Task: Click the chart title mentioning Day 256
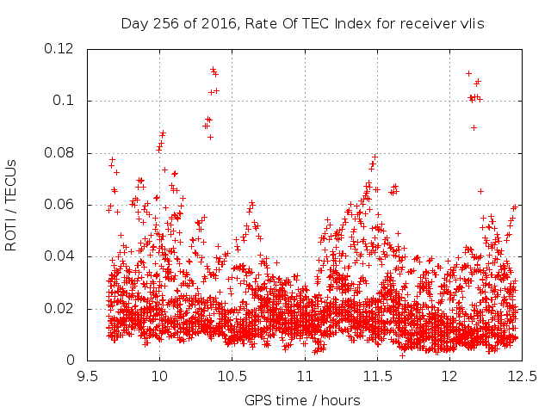click(x=302, y=24)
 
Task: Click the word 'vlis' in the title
click(x=472, y=23)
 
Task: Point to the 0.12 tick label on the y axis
click(x=59, y=48)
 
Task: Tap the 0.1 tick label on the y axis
click(x=63, y=101)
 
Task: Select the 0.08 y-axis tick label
click(x=59, y=152)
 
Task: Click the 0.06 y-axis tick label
click(x=59, y=204)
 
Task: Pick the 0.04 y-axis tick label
click(x=59, y=256)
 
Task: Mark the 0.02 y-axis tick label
click(x=59, y=308)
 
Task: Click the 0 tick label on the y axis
click(x=71, y=360)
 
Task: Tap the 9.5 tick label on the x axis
click(x=88, y=377)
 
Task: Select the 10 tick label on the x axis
click(x=160, y=377)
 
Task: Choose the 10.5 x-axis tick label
click(x=232, y=377)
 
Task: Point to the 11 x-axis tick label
click(x=305, y=377)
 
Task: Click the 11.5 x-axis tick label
click(x=377, y=377)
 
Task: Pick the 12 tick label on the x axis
click(x=449, y=377)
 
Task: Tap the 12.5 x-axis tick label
click(x=523, y=377)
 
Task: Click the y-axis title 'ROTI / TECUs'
click(x=11, y=206)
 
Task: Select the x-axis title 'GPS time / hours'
click(x=302, y=400)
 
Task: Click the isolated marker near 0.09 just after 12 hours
click(x=474, y=128)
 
